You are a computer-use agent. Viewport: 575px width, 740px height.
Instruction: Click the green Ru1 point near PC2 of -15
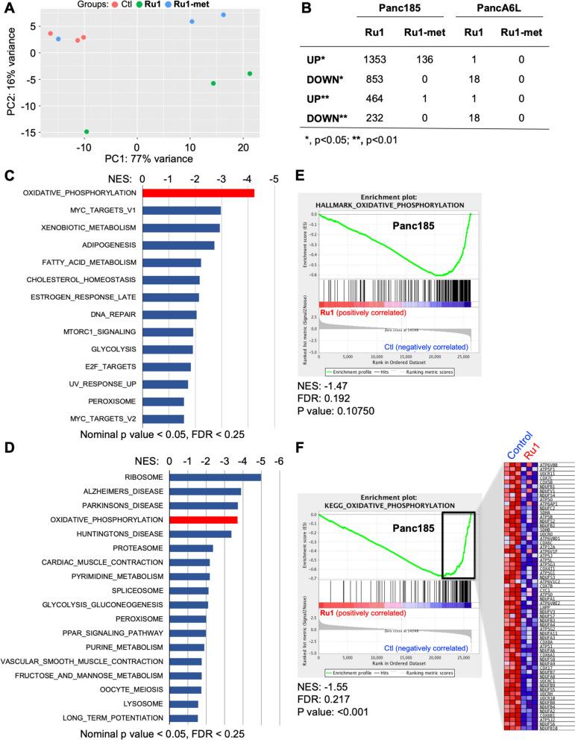click(x=87, y=132)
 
